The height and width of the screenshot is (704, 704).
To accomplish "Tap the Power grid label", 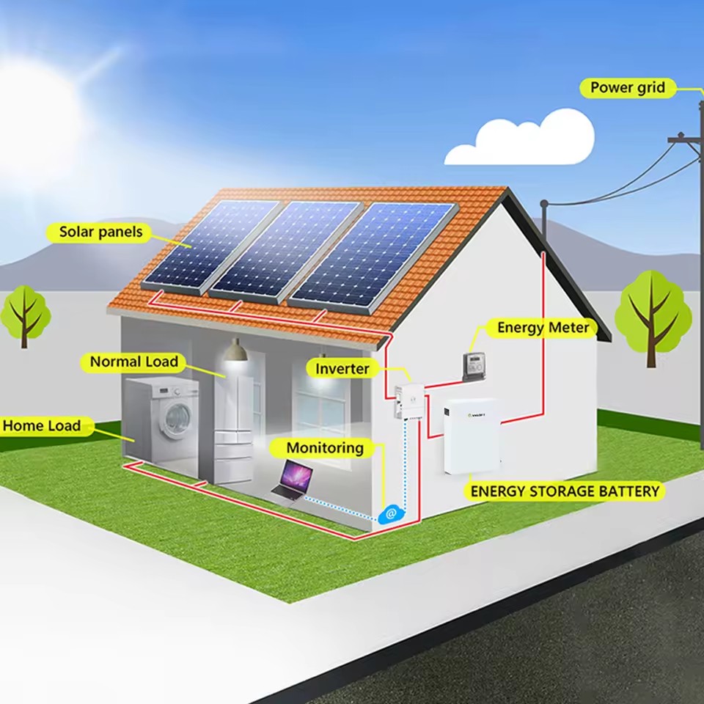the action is tap(628, 87).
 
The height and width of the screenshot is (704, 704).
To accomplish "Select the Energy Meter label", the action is tap(543, 328).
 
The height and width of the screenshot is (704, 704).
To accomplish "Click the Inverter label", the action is tap(342, 369).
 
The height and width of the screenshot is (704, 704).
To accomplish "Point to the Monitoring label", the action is tap(325, 448).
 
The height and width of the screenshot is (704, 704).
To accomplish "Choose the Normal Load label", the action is tap(133, 362).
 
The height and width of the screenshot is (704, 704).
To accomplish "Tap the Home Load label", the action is tap(43, 425).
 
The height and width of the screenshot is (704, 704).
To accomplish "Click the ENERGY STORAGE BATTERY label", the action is tap(565, 491).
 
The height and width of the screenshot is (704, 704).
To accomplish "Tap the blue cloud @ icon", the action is tap(391, 514).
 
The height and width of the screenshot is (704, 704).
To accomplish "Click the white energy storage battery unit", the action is tap(472, 436).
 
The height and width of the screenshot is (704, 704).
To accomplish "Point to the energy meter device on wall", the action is tap(474, 367).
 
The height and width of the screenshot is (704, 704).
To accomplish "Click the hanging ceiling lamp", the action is tap(235, 351).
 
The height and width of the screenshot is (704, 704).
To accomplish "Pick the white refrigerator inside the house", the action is tap(233, 427).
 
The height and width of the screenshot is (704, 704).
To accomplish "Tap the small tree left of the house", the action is tap(25, 315).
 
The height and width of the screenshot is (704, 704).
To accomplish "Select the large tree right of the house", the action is tap(653, 318).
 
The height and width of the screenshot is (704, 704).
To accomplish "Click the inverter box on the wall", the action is tap(409, 401).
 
